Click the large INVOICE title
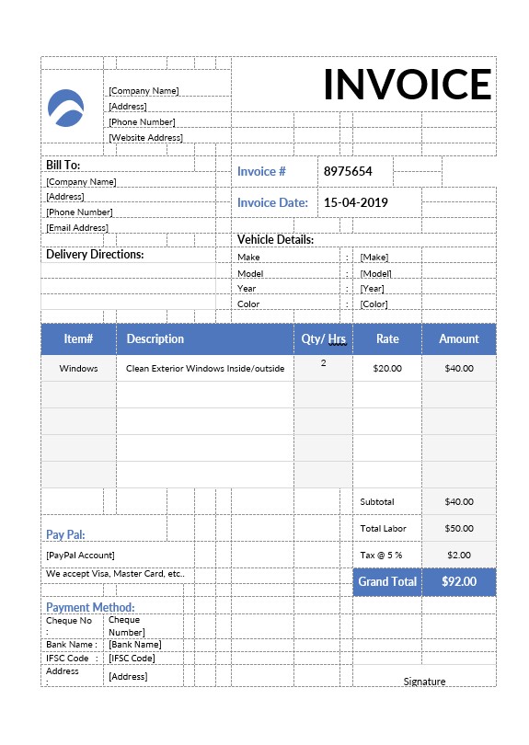click(408, 85)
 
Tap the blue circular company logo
click(65, 108)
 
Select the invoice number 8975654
click(347, 171)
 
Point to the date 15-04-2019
click(355, 202)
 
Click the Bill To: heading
click(63, 165)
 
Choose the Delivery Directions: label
click(95, 255)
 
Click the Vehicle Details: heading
click(276, 239)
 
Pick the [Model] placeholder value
click(375, 273)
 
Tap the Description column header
click(155, 338)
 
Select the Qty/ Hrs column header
click(324, 339)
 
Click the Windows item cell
click(78, 368)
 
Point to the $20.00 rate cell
click(387, 368)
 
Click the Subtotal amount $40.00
click(458, 501)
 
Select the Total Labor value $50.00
click(458, 528)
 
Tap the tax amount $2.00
click(458, 555)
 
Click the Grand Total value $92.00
click(458, 581)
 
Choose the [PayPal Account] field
click(80, 555)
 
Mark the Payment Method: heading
click(90, 607)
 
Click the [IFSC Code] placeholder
click(132, 658)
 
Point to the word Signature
click(424, 682)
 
